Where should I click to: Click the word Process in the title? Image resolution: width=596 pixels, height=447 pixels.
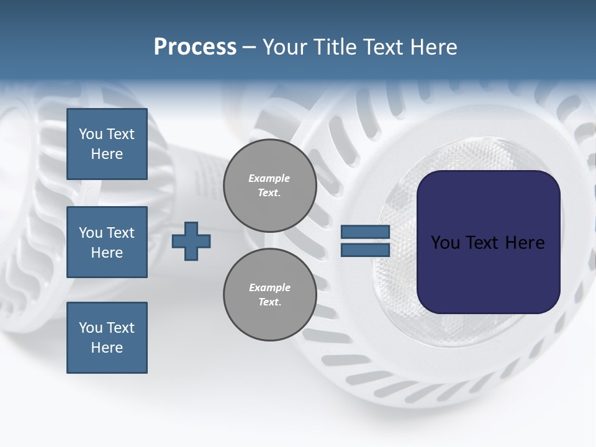point(195,47)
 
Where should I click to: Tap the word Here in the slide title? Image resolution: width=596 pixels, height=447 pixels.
point(433,47)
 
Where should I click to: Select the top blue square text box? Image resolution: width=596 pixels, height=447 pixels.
point(107,144)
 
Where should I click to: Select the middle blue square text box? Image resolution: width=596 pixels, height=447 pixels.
point(107,242)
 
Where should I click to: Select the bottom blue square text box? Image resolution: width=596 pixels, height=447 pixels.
point(107,337)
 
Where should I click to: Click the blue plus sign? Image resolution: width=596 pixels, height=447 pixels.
point(191,241)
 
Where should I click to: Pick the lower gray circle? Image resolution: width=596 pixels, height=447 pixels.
point(270,295)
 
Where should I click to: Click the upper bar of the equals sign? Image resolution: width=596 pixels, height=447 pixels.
point(365,232)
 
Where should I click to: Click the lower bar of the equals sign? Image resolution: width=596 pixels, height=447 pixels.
point(365,250)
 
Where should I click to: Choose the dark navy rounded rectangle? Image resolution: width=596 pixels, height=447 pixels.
point(488,273)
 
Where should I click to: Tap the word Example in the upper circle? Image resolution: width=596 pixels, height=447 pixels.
point(269,178)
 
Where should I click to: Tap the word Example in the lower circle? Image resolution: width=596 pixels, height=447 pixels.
point(269,287)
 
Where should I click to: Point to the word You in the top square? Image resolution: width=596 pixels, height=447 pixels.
point(90,134)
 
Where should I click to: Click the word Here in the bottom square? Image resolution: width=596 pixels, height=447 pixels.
point(107,348)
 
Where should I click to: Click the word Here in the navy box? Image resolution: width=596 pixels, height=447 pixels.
point(525,243)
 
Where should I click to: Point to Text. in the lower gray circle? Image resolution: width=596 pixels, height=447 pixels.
point(269,302)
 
